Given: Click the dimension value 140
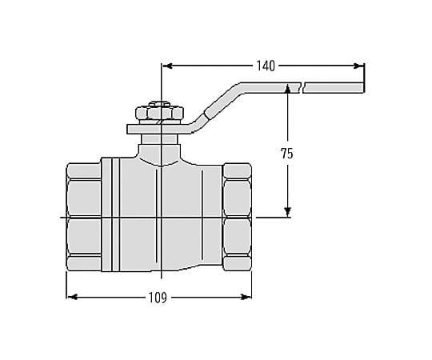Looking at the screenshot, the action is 266,66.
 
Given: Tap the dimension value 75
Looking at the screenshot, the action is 287,154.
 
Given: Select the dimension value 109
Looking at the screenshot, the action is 158,298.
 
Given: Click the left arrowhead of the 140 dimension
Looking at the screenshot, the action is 167,66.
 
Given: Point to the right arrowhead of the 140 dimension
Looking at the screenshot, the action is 358,66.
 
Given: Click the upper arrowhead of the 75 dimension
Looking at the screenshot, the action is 288,89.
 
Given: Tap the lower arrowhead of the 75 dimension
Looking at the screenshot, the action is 288,212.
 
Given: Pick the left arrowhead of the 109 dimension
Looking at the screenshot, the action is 72,297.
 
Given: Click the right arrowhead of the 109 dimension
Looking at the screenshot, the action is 246,297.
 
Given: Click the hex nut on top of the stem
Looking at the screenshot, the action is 159,113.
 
